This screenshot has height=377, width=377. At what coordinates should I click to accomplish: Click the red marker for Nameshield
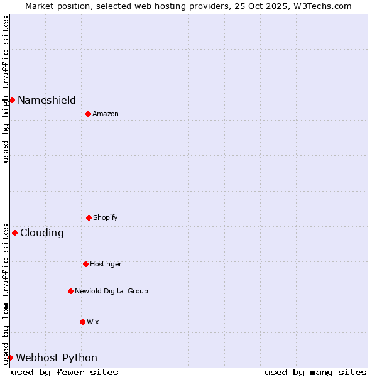(12, 100)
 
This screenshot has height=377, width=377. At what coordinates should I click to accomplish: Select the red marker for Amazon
(88, 114)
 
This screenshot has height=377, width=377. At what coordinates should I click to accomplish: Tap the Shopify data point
(89, 217)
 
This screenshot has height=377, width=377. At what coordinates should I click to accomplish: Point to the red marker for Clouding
(14, 232)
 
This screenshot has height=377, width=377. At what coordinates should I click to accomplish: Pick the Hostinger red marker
(85, 264)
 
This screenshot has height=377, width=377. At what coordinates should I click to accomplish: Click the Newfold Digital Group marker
(70, 291)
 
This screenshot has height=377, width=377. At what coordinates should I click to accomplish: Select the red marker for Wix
(82, 322)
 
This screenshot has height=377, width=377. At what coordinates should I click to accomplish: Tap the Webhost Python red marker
(10, 358)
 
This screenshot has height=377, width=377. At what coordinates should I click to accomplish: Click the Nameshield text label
(46, 100)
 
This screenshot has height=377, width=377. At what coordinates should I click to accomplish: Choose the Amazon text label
(106, 114)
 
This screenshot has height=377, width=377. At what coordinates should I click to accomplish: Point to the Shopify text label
(106, 217)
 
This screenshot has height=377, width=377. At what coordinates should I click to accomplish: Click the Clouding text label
(42, 232)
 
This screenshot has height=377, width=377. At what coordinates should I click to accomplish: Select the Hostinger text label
(106, 264)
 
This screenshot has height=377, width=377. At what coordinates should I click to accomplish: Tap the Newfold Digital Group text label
(111, 291)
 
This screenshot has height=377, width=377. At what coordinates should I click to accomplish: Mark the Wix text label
(93, 322)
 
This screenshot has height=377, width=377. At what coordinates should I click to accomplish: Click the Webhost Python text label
(57, 358)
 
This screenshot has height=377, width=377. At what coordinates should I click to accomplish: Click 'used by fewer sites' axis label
(65, 372)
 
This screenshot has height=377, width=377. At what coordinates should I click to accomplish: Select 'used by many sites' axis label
(315, 372)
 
